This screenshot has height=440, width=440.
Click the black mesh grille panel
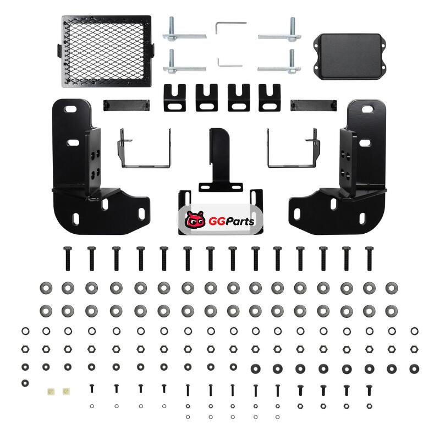106,51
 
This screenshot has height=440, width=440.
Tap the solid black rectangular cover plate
350,57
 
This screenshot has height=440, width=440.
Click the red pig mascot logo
195,220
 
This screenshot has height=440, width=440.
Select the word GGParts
232,221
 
